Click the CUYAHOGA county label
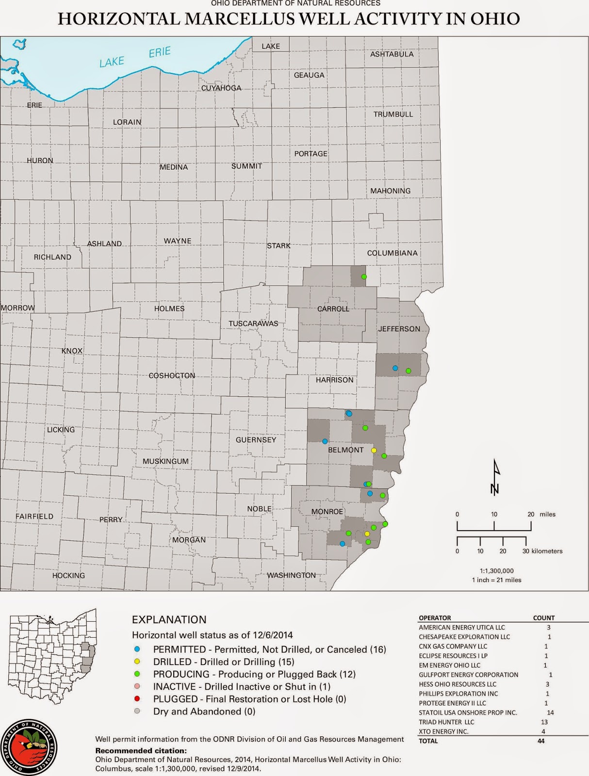coord(221,88)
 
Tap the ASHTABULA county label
coord(392,54)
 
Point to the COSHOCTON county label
coord(172,375)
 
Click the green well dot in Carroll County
coord(364,277)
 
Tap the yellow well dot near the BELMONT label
coord(374,451)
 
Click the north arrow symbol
coord(495,477)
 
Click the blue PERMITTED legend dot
coord(137,649)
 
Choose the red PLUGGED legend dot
coord(137,699)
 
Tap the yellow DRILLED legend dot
coord(137,662)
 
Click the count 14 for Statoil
coord(550,712)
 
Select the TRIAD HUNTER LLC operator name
coord(446,722)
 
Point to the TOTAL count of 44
coord(541,741)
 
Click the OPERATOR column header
coord(435,618)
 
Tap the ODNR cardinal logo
coord(29,747)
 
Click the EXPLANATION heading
coord(169,619)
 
